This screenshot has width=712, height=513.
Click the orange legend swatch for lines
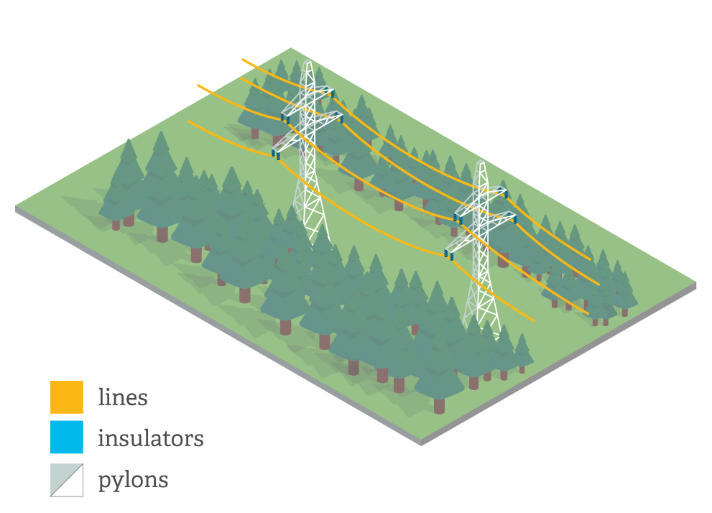(66, 397)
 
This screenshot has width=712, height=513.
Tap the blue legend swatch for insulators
(66, 438)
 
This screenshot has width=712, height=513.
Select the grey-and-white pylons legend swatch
(66, 479)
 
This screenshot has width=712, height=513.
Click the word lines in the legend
(123, 397)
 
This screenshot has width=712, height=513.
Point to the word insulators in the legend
(150, 438)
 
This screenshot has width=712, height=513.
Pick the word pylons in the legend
(133, 480)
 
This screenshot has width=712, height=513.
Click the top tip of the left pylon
(309, 63)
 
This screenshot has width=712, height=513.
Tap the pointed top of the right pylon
(482, 163)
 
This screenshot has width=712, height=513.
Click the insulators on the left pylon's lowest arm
(276, 153)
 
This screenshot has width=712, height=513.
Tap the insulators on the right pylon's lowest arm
(450, 254)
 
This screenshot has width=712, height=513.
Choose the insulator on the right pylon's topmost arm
(504, 193)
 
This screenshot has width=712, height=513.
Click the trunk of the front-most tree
(439, 406)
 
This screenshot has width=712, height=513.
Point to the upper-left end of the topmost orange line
(243, 60)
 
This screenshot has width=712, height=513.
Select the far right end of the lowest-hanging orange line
(534, 320)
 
